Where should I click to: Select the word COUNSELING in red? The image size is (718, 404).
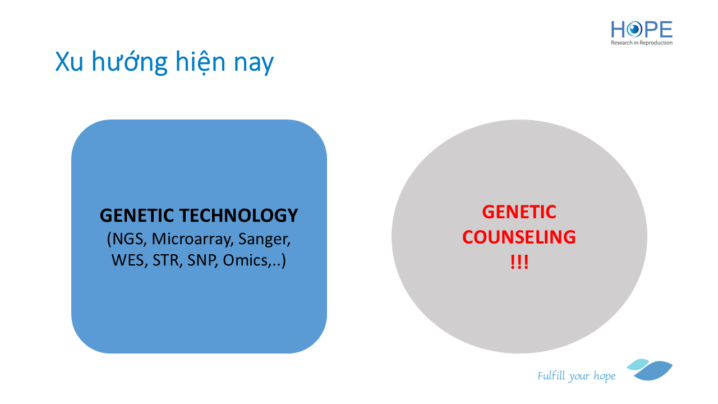point(519,237)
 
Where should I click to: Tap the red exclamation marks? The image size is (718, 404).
point(519,262)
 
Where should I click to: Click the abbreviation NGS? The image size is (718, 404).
point(127,239)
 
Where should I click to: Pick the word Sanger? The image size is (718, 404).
point(264,239)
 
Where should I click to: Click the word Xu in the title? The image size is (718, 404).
point(69,62)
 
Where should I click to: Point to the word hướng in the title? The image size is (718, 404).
point(130,62)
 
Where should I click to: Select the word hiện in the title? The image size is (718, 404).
point(200,62)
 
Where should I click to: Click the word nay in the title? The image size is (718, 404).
point(254,64)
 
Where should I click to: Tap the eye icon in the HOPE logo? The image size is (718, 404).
point(634,30)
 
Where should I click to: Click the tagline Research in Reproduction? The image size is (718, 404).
point(642,43)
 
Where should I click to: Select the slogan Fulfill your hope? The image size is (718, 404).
point(576,376)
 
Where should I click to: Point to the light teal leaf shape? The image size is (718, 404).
point(638,364)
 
